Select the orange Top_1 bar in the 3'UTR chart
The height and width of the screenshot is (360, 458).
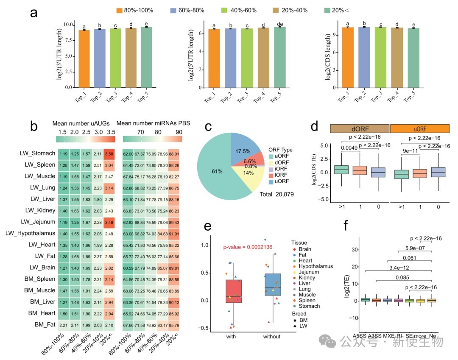pyautogui.click(x=84, y=59)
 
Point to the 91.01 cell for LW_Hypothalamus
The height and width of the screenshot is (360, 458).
pyautogui.click(x=173, y=233)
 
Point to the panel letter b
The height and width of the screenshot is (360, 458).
pyautogui.click(x=34, y=126)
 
